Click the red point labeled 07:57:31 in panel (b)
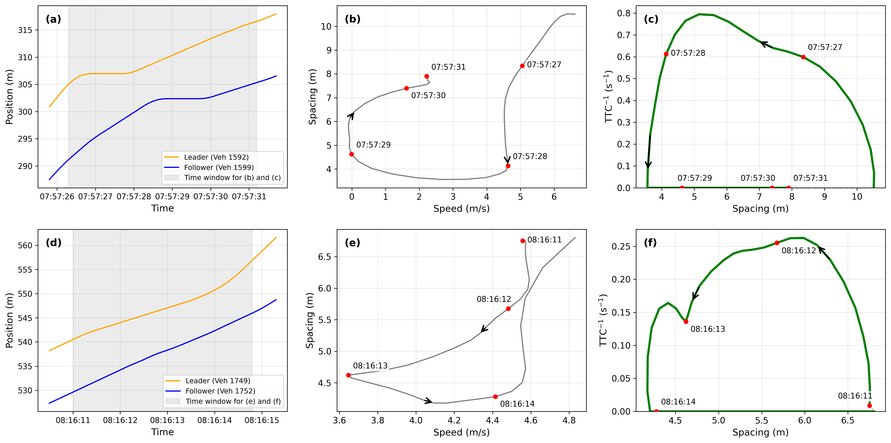(x=426, y=76)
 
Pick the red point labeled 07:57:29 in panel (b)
(x=351, y=154)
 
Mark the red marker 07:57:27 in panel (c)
(x=803, y=57)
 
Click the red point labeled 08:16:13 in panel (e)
(x=348, y=375)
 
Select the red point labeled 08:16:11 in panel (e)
(x=523, y=241)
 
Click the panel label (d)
(x=54, y=243)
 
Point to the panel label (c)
(x=651, y=19)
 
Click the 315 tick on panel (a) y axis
(x=25, y=30)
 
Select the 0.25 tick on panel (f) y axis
(x=621, y=246)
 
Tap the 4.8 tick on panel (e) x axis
(x=569, y=421)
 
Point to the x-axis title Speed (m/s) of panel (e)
(x=461, y=432)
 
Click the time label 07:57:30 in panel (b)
(x=428, y=96)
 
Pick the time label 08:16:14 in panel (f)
(x=678, y=402)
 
